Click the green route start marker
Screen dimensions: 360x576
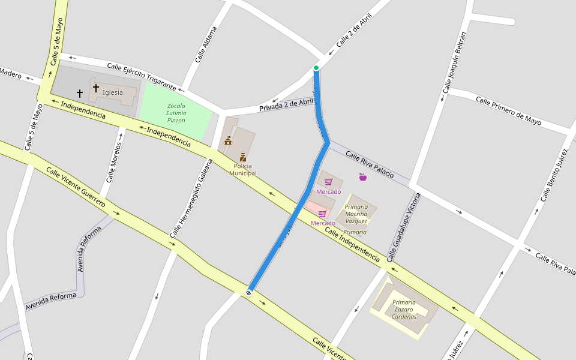[316, 68]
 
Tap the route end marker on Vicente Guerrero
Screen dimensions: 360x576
[248, 292]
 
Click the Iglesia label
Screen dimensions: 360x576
[113, 92]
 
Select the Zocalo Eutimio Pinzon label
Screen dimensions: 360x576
[176, 113]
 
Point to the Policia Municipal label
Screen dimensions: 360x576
[242, 170]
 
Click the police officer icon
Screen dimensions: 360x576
[243, 157]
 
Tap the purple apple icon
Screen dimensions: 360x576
[362, 177]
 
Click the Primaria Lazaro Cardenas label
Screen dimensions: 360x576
[404, 309]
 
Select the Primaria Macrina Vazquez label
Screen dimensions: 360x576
[356, 214]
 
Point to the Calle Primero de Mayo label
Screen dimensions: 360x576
[508, 111]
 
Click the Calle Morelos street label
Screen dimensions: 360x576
[114, 162]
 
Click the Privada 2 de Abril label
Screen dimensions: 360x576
[286, 105]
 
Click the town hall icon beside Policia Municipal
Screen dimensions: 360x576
[228, 141]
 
